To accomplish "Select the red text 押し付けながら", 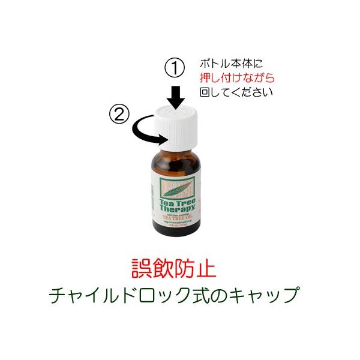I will pyautogui.click(x=237, y=77).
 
